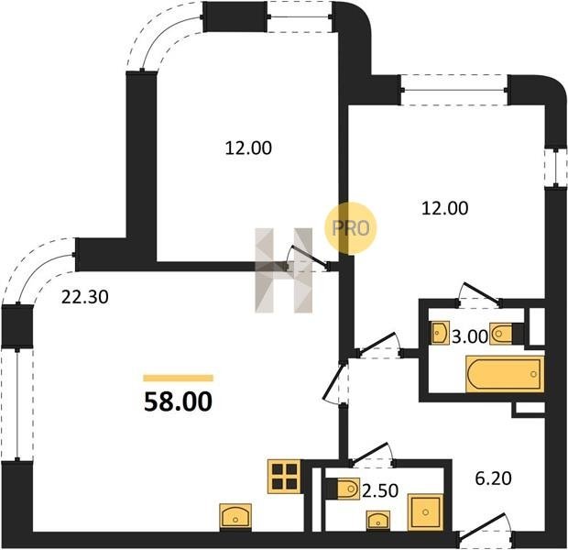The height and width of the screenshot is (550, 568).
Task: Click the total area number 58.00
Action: click(x=178, y=402)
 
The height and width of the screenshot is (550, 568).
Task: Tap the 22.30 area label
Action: click(x=85, y=298)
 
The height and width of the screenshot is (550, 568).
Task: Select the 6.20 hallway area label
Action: click(x=493, y=478)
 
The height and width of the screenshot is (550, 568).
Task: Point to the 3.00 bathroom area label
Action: click(x=470, y=336)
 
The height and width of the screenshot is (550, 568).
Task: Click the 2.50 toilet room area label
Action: click(x=380, y=491)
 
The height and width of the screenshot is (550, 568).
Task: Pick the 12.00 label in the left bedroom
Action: click(x=248, y=148)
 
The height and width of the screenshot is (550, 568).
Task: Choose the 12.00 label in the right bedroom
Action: click(x=445, y=208)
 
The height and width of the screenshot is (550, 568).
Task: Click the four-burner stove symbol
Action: click(x=284, y=477)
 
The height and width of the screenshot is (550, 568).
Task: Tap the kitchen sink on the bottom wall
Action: click(x=235, y=516)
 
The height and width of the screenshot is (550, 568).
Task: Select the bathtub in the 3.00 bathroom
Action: click(x=506, y=374)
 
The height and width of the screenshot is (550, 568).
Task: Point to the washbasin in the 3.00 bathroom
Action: click(x=441, y=332)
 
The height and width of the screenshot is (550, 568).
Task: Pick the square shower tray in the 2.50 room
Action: click(x=425, y=511)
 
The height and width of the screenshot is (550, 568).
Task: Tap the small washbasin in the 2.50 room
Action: click(x=378, y=521)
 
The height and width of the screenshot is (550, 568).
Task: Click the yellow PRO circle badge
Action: click(x=351, y=228)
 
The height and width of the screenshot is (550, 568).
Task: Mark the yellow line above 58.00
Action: click(x=178, y=379)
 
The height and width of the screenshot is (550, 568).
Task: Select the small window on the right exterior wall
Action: click(x=556, y=169)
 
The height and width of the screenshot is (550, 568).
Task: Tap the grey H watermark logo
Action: click(x=284, y=270)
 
